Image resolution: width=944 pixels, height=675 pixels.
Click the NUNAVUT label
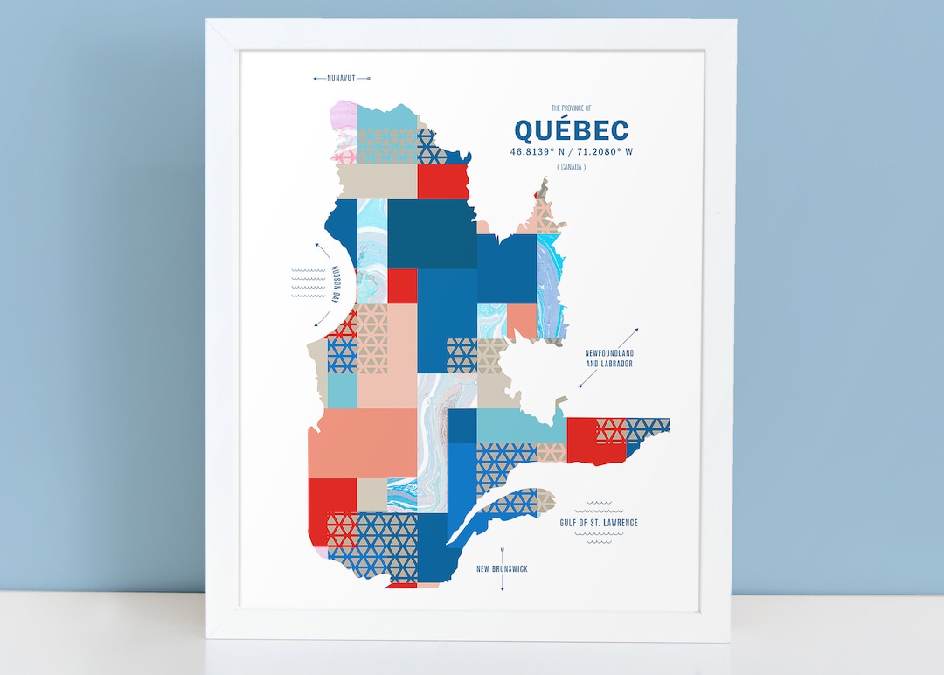pos(342,79)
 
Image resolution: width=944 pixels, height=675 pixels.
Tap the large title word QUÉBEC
pos(571,130)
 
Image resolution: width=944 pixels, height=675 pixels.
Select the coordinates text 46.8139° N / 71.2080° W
pos(572,152)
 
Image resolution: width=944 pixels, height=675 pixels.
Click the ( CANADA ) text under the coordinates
pos(571,167)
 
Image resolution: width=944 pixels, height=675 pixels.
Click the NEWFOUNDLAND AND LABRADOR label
pos(608,358)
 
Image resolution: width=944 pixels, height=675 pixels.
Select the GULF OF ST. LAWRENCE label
pos(599,523)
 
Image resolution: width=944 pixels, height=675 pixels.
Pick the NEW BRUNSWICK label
pos(502,569)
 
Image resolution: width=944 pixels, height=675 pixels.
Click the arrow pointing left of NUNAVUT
pos(318,79)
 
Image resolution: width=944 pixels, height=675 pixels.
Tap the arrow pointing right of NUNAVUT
pos(366,79)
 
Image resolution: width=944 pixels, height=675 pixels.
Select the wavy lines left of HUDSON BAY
pos(308,283)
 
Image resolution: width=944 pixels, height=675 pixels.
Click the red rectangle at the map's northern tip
pos(443,182)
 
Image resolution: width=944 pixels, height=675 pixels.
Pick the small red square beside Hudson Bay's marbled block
pos(402,285)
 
